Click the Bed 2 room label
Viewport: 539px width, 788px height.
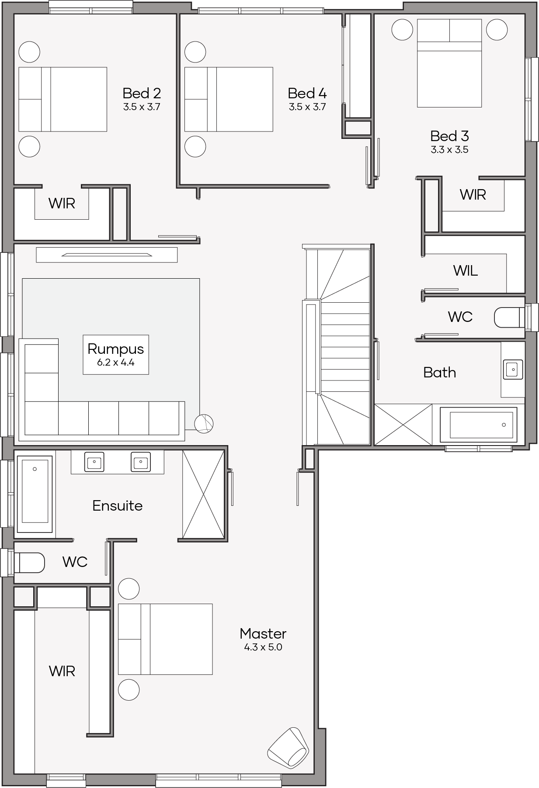click(x=142, y=93)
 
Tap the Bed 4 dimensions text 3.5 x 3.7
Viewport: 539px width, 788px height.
click(x=307, y=107)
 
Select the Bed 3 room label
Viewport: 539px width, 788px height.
click(x=449, y=136)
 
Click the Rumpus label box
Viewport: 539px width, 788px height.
click(x=116, y=355)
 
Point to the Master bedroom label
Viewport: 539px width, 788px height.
click(x=263, y=633)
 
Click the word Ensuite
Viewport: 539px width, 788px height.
click(x=118, y=505)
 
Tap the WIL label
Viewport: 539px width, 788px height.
click(x=466, y=271)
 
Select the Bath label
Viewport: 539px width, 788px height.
click(x=440, y=373)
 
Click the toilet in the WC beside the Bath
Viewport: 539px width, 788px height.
click(x=509, y=317)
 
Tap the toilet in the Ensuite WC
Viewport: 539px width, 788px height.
click(x=29, y=563)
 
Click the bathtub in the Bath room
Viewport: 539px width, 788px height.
click(x=479, y=425)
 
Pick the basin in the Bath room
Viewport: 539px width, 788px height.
click(x=513, y=370)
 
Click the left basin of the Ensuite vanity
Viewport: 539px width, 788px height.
click(x=94, y=462)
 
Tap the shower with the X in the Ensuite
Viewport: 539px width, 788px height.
click(x=203, y=494)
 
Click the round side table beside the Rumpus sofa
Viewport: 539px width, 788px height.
click(x=204, y=424)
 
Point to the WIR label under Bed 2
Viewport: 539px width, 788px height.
click(x=62, y=203)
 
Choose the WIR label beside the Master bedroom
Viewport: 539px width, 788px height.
click(x=62, y=671)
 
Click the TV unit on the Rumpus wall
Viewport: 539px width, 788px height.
click(x=107, y=255)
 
